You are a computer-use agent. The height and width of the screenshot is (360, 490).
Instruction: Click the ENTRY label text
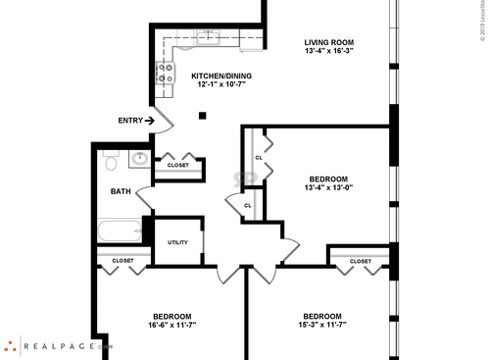point(130,121)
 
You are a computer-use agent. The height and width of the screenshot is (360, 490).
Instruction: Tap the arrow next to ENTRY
point(150,121)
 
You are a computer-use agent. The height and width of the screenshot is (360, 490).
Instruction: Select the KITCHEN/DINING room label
point(220,76)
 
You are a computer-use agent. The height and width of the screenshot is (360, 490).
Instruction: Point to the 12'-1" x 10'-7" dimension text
point(220,85)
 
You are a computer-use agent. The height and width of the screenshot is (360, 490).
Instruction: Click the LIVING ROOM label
point(328,42)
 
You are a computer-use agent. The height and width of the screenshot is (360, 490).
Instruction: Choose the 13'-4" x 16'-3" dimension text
point(328,52)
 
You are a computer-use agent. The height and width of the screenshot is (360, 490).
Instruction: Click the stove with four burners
point(163,72)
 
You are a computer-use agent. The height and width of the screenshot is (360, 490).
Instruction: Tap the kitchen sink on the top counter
point(207,37)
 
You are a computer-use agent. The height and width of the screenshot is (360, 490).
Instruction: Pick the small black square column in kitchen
point(203,116)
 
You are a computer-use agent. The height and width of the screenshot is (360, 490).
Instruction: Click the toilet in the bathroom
point(110,158)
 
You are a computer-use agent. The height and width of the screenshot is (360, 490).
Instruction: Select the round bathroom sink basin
point(140,159)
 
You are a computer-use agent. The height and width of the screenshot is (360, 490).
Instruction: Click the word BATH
point(121,191)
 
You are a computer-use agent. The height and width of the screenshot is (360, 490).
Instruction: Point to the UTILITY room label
point(177,242)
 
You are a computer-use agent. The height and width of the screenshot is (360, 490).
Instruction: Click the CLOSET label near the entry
point(178,165)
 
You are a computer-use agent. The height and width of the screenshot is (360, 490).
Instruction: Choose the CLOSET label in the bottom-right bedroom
point(360,261)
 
